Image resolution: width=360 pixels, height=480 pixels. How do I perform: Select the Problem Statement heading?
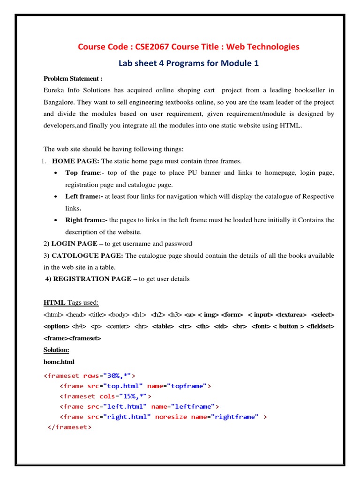73,78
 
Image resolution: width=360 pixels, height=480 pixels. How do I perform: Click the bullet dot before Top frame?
56,173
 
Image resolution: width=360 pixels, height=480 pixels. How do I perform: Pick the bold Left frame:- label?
84,196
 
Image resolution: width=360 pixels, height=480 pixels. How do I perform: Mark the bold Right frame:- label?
86,220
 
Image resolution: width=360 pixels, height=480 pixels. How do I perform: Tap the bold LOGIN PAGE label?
76,244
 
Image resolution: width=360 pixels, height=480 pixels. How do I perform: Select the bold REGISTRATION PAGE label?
89,279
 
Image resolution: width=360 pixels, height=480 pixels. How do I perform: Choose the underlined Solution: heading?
56,350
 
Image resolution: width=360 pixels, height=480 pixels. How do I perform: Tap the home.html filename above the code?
59,362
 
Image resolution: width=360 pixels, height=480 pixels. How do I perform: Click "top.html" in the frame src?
122,386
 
